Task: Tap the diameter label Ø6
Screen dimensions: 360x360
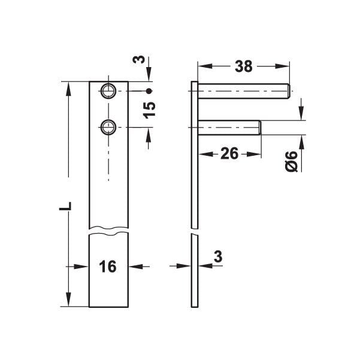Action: tap(291, 162)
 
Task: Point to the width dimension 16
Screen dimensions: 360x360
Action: tap(108, 266)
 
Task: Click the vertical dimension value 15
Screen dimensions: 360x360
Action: tap(150, 110)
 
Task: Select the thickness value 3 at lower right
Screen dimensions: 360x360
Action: tap(218, 256)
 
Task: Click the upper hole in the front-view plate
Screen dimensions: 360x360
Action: tap(108, 91)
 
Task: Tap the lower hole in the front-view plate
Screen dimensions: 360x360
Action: tap(108, 126)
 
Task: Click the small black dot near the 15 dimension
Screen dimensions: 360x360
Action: tap(149, 91)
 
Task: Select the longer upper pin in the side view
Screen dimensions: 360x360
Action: tap(243, 91)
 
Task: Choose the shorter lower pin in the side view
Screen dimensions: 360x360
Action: tap(228, 127)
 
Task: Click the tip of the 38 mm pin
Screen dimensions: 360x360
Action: tap(289, 91)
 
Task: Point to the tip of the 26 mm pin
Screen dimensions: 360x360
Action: tap(259, 127)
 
